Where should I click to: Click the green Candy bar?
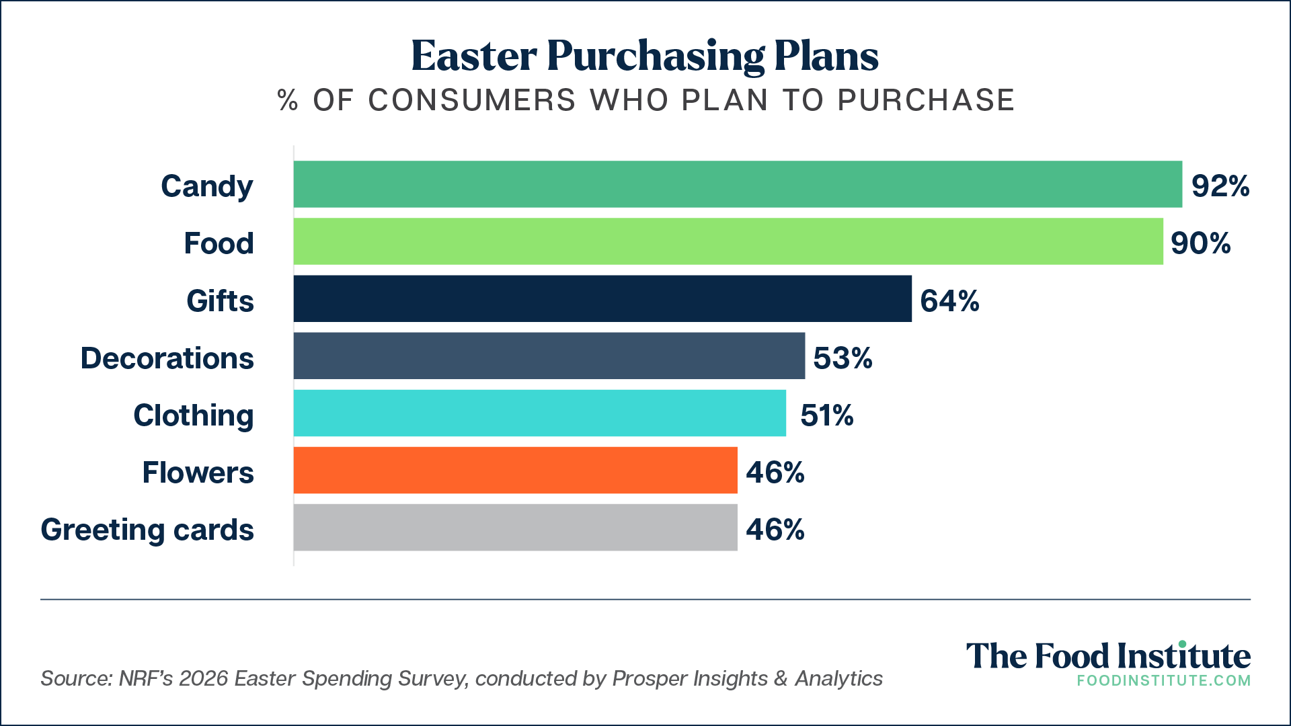point(738,184)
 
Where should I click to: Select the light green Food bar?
point(728,241)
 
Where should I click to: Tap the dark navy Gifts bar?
point(602,298)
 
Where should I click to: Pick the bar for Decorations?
point(549,356)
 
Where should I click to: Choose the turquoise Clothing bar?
point(540,413)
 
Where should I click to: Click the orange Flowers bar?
point(516,470)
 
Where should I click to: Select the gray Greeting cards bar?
point(516,528)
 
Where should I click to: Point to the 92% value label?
point(1220,186)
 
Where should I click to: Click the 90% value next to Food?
point(1200,243)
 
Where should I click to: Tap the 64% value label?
point(949,300)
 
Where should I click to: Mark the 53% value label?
point(843,358)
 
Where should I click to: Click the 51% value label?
point(826,415)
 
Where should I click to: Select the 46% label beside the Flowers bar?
point(775,472)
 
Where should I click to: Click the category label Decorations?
point(167,358)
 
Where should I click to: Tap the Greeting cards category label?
point(147,530)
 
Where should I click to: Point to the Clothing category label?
point(194,415)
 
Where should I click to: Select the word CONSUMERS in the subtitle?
point(471,100)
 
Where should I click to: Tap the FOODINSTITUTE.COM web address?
point(1163,680)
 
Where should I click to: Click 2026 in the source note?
point(204,678)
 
